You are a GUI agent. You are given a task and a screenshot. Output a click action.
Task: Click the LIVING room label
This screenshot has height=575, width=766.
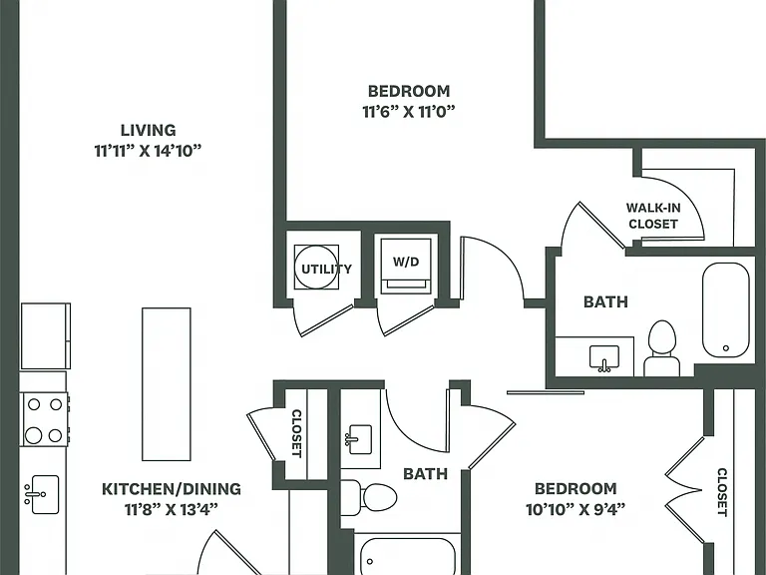pyautogui.click(x=148, y=130)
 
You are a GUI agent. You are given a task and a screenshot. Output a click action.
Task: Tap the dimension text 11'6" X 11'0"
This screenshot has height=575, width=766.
pyautogui.click(x=408, y=112)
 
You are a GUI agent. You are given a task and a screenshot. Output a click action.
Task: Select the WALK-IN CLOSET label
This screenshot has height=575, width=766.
pyautogui.click(x=653, y=216)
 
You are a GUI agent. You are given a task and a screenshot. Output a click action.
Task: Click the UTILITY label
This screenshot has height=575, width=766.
pyautogui.click(x=326, y=269)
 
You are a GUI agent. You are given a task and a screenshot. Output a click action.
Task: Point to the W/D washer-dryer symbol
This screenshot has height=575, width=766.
pyautogui.click(x=406, y=267)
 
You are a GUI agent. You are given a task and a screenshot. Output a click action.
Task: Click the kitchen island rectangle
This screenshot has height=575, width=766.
pyautogui.click(x=167, y=383)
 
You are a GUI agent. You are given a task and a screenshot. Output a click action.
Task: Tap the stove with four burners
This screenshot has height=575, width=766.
pyautogui.click(x=45, y=419)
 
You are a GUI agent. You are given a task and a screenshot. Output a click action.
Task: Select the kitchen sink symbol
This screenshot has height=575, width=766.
pyautogui.click(x=42, y=494)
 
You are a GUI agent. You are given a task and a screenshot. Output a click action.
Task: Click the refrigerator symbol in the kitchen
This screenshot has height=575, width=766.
pyautogui.click(x=46, y=335)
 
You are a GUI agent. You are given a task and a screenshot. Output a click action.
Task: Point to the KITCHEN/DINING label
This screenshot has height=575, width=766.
pyautogui.click(x=171, y=489)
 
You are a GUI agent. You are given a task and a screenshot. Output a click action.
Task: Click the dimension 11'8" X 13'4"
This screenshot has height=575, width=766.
pyautogui.click(x=171, y=510)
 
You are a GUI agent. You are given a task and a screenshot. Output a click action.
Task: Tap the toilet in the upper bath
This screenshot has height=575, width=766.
pyautogui.click(x=662, y=348)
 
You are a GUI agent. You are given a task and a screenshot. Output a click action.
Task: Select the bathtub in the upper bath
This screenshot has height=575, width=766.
pyautogui.click(x=725, y=310)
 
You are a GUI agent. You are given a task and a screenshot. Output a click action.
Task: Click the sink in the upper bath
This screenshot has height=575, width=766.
pyautogui.click(x=604, y=358)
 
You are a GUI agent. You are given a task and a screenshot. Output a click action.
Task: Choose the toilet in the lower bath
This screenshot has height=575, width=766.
pyautogui.click(x=368, y=498)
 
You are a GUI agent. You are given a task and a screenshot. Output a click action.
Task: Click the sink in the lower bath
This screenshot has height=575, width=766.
pyautogui.click(x=359, y=438)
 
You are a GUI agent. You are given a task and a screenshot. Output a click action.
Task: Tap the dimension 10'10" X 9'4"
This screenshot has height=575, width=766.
pyautogui.click(x=575, y=510)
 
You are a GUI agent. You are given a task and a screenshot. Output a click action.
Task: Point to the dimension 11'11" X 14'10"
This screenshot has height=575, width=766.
pyautogui.click(x=148, y=151)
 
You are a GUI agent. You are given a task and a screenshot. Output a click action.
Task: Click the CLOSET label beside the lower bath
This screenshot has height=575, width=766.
pyautogui.click(x=296, y=433)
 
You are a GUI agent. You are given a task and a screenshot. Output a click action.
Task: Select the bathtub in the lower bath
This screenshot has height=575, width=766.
pyautogui.click(x=408, y=556)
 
